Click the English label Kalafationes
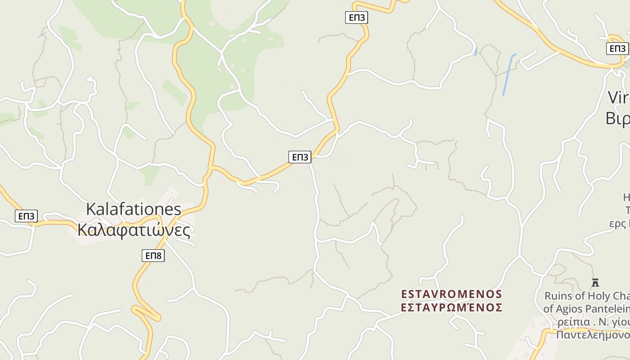(133, 209)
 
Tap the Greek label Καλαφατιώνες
(134, 230)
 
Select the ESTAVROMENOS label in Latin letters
(451, 294)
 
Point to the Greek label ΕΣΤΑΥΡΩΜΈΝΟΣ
(451, 308)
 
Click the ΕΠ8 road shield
(153, 256)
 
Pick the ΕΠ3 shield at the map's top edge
(357, 18)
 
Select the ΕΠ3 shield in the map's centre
(300, 157)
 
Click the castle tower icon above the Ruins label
(595, 283)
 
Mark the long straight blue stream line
(509, 75)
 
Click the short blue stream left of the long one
(476, 51)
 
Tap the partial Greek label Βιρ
(617, 118)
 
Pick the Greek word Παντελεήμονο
(593, 335)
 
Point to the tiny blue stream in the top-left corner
(42, 34)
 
